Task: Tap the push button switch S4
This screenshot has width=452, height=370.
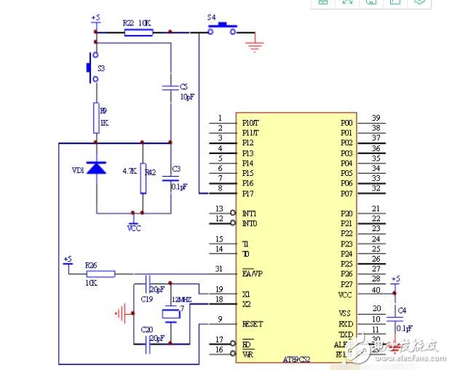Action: pos(223,29)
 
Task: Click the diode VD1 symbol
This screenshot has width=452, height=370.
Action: pos(96,168)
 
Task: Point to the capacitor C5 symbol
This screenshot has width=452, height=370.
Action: pos(170,87)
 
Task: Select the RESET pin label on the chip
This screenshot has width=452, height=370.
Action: pos(252,323)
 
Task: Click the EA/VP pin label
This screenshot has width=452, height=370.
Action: pos(252,274)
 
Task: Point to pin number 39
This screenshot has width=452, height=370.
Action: pos(376,118)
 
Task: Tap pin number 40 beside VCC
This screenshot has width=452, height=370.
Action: pos(376,290)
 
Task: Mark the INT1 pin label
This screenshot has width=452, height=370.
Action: pos(249,213)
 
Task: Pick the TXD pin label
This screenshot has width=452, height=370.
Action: pos(346,334)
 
